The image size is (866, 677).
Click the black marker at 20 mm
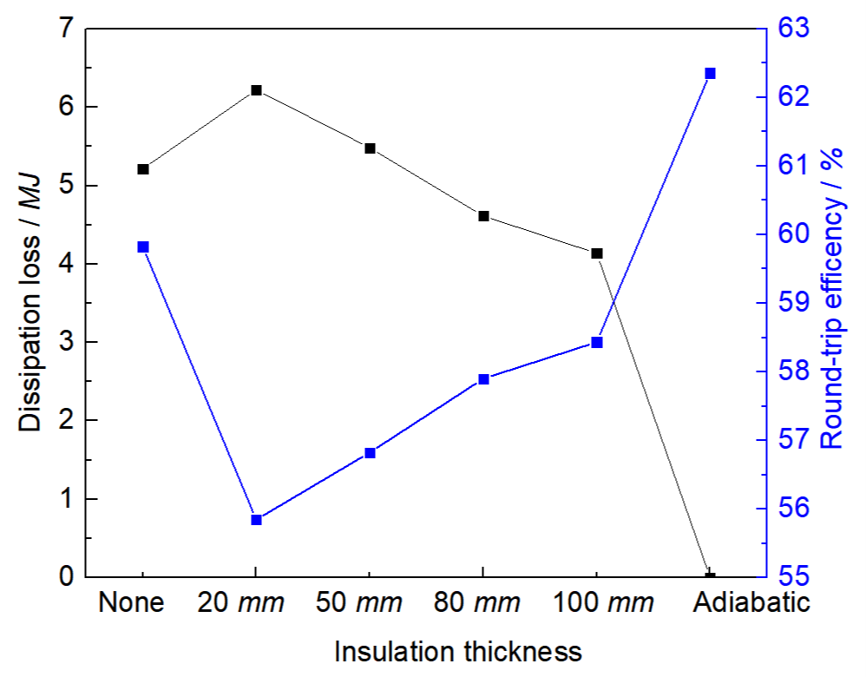(256, 90)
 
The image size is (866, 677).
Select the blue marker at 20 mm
(256, 519)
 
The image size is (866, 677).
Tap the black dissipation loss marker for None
(143, 169)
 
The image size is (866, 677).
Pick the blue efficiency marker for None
(143, 247)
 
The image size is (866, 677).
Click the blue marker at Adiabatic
(710, 74)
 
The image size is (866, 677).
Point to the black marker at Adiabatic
(710, 575)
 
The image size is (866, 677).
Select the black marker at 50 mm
(370, 148)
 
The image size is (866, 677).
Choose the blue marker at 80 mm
(483, 379)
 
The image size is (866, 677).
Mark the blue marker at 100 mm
(597, 342)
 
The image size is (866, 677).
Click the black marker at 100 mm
(597, 253)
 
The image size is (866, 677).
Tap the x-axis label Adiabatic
(751, 603)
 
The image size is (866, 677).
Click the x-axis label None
(132, 603)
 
